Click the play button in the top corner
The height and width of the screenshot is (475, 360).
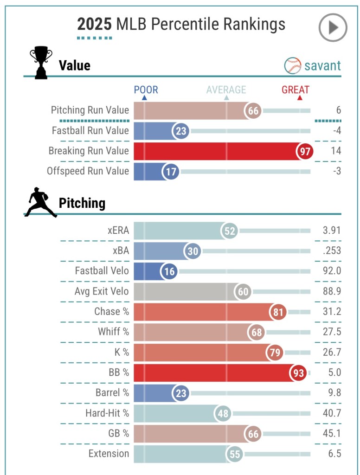(x=333, y=27)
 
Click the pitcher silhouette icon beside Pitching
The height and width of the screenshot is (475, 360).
(x=40, y=202)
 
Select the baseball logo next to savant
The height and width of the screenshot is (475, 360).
(x=293, y=66)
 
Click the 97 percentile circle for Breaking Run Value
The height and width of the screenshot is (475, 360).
(x=305, y=151)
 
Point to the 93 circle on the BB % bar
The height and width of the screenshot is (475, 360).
(x=298, y=372)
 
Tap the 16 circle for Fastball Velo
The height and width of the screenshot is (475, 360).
(x=169, y=271)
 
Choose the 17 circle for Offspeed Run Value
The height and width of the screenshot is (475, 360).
(x=171, y=172)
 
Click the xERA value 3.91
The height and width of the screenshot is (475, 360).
(x=331, y=231)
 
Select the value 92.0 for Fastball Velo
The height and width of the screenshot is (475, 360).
(x=331, y=271)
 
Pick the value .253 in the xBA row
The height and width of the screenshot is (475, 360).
(x=332, y=250)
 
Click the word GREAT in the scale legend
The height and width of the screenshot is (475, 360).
(x=296, y=90)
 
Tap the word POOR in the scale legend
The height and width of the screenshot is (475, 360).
(x=146, y=90)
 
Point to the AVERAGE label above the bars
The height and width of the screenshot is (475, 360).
(x=226, y=90)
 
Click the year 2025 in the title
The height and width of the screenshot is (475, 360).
(x=94, y=24)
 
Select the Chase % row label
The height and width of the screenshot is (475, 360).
(x=111, y=311)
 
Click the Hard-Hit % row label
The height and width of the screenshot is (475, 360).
(x=107, y=413)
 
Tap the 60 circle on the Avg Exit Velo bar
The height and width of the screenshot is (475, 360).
(x=243, y=292)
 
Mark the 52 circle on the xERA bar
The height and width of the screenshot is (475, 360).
(x=229, y=231)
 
